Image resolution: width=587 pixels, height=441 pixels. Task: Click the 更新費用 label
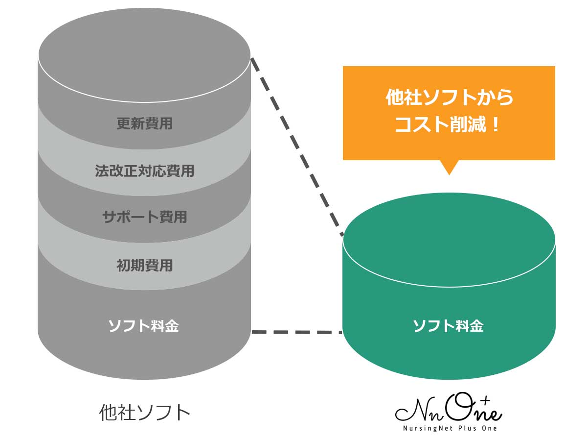[x=144, y=123]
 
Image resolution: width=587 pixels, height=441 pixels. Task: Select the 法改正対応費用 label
[x=144, y=171]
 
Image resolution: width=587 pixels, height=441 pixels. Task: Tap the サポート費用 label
[x=144, y=217]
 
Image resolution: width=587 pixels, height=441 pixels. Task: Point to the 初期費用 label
[x=144, y=266]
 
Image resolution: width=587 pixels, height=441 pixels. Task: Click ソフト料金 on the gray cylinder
[x=143, y=326]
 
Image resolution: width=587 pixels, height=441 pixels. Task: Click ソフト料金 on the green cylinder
[x=449, y=326]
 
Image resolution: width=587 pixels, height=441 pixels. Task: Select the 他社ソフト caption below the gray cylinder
[x=144, y=412]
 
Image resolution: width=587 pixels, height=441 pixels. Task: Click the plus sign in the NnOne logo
[x=485, y=401]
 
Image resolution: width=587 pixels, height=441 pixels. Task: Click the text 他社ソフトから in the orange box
[x=450, y=98]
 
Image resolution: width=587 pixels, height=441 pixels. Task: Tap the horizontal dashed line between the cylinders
[x=296, y=332]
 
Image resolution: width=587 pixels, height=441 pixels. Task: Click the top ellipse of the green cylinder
[x=449, y=239]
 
